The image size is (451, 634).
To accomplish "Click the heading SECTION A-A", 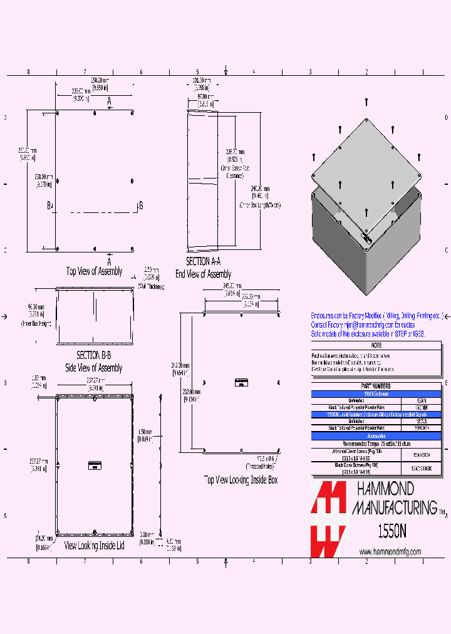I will click(x=203, y=262).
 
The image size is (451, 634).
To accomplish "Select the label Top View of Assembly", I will click(x=95, y=271).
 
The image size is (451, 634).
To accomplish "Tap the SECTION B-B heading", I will click(x=93, y=355).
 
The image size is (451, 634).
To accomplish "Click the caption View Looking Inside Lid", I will click(x=94, y=546).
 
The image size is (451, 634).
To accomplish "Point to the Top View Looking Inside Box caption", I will click(x=241, y=480).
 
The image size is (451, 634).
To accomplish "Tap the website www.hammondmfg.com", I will click(x=390, y=551).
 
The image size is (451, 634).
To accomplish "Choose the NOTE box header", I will click(x=376, y=345).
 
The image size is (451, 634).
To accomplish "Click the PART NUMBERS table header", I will click(x=376, y=387).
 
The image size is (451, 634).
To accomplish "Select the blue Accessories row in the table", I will click(x=376, y=435).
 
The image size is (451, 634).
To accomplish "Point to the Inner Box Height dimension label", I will click(x=36, y=324).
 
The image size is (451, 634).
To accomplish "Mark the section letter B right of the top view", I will click(x=140, y=205).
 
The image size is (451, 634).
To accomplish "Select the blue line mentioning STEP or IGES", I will click(x=368, y=335).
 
